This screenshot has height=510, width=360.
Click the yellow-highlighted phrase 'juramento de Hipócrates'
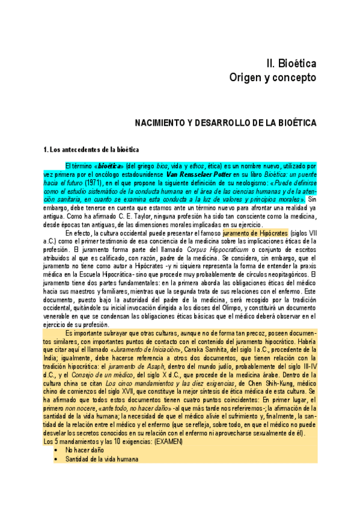point(255,231)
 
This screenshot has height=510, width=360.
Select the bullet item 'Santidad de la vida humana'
point(102,459)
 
